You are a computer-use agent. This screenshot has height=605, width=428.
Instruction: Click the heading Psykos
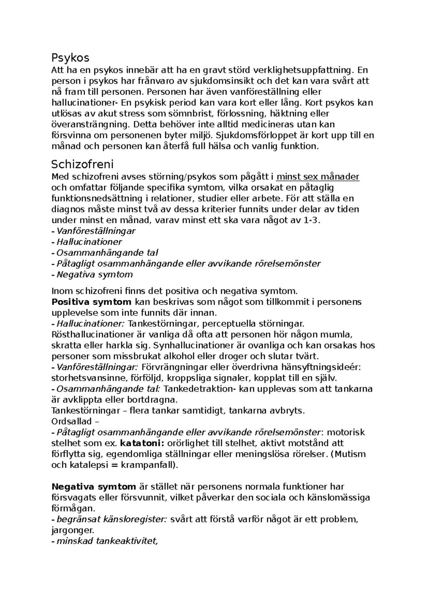pyautogui.click(x=70, y=58)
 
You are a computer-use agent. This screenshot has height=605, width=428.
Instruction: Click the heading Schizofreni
pyautogui.click(x=82, y=164)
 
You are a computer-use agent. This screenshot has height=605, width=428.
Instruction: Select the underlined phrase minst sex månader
pyautogui.click(x=318, y=177)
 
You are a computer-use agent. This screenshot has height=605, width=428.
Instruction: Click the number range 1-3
pyautogui.click(x=311, y=220)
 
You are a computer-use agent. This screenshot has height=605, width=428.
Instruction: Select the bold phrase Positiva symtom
pyautogui.click(x=92, y=302)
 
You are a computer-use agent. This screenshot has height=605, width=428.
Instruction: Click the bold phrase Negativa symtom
pyautogui.click(x=94, y=487)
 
